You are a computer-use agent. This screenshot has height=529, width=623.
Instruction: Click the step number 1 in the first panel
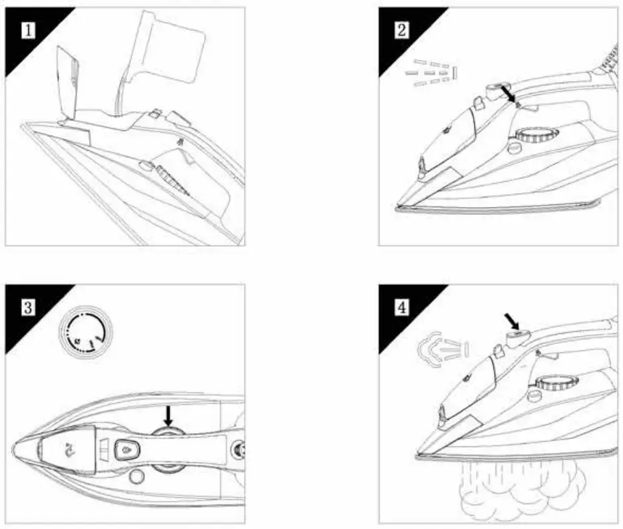pyautogui.click(x=28, y=30)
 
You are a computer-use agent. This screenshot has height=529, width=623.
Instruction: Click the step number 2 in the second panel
pyautogui.click(x=401, y=30)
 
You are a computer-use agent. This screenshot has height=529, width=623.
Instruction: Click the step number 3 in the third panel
pyautogui.click(x=28, y=307)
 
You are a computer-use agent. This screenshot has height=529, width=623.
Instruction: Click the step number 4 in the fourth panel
pyautogui.click(x=401, y=307)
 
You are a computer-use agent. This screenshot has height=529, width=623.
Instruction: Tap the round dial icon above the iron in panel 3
pyautogui.click(x=86, y=336)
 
